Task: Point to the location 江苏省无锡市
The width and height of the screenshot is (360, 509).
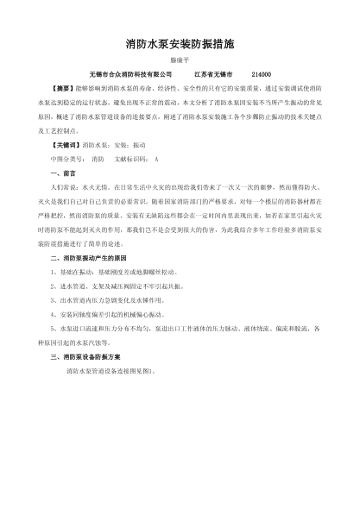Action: (213, 74)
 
